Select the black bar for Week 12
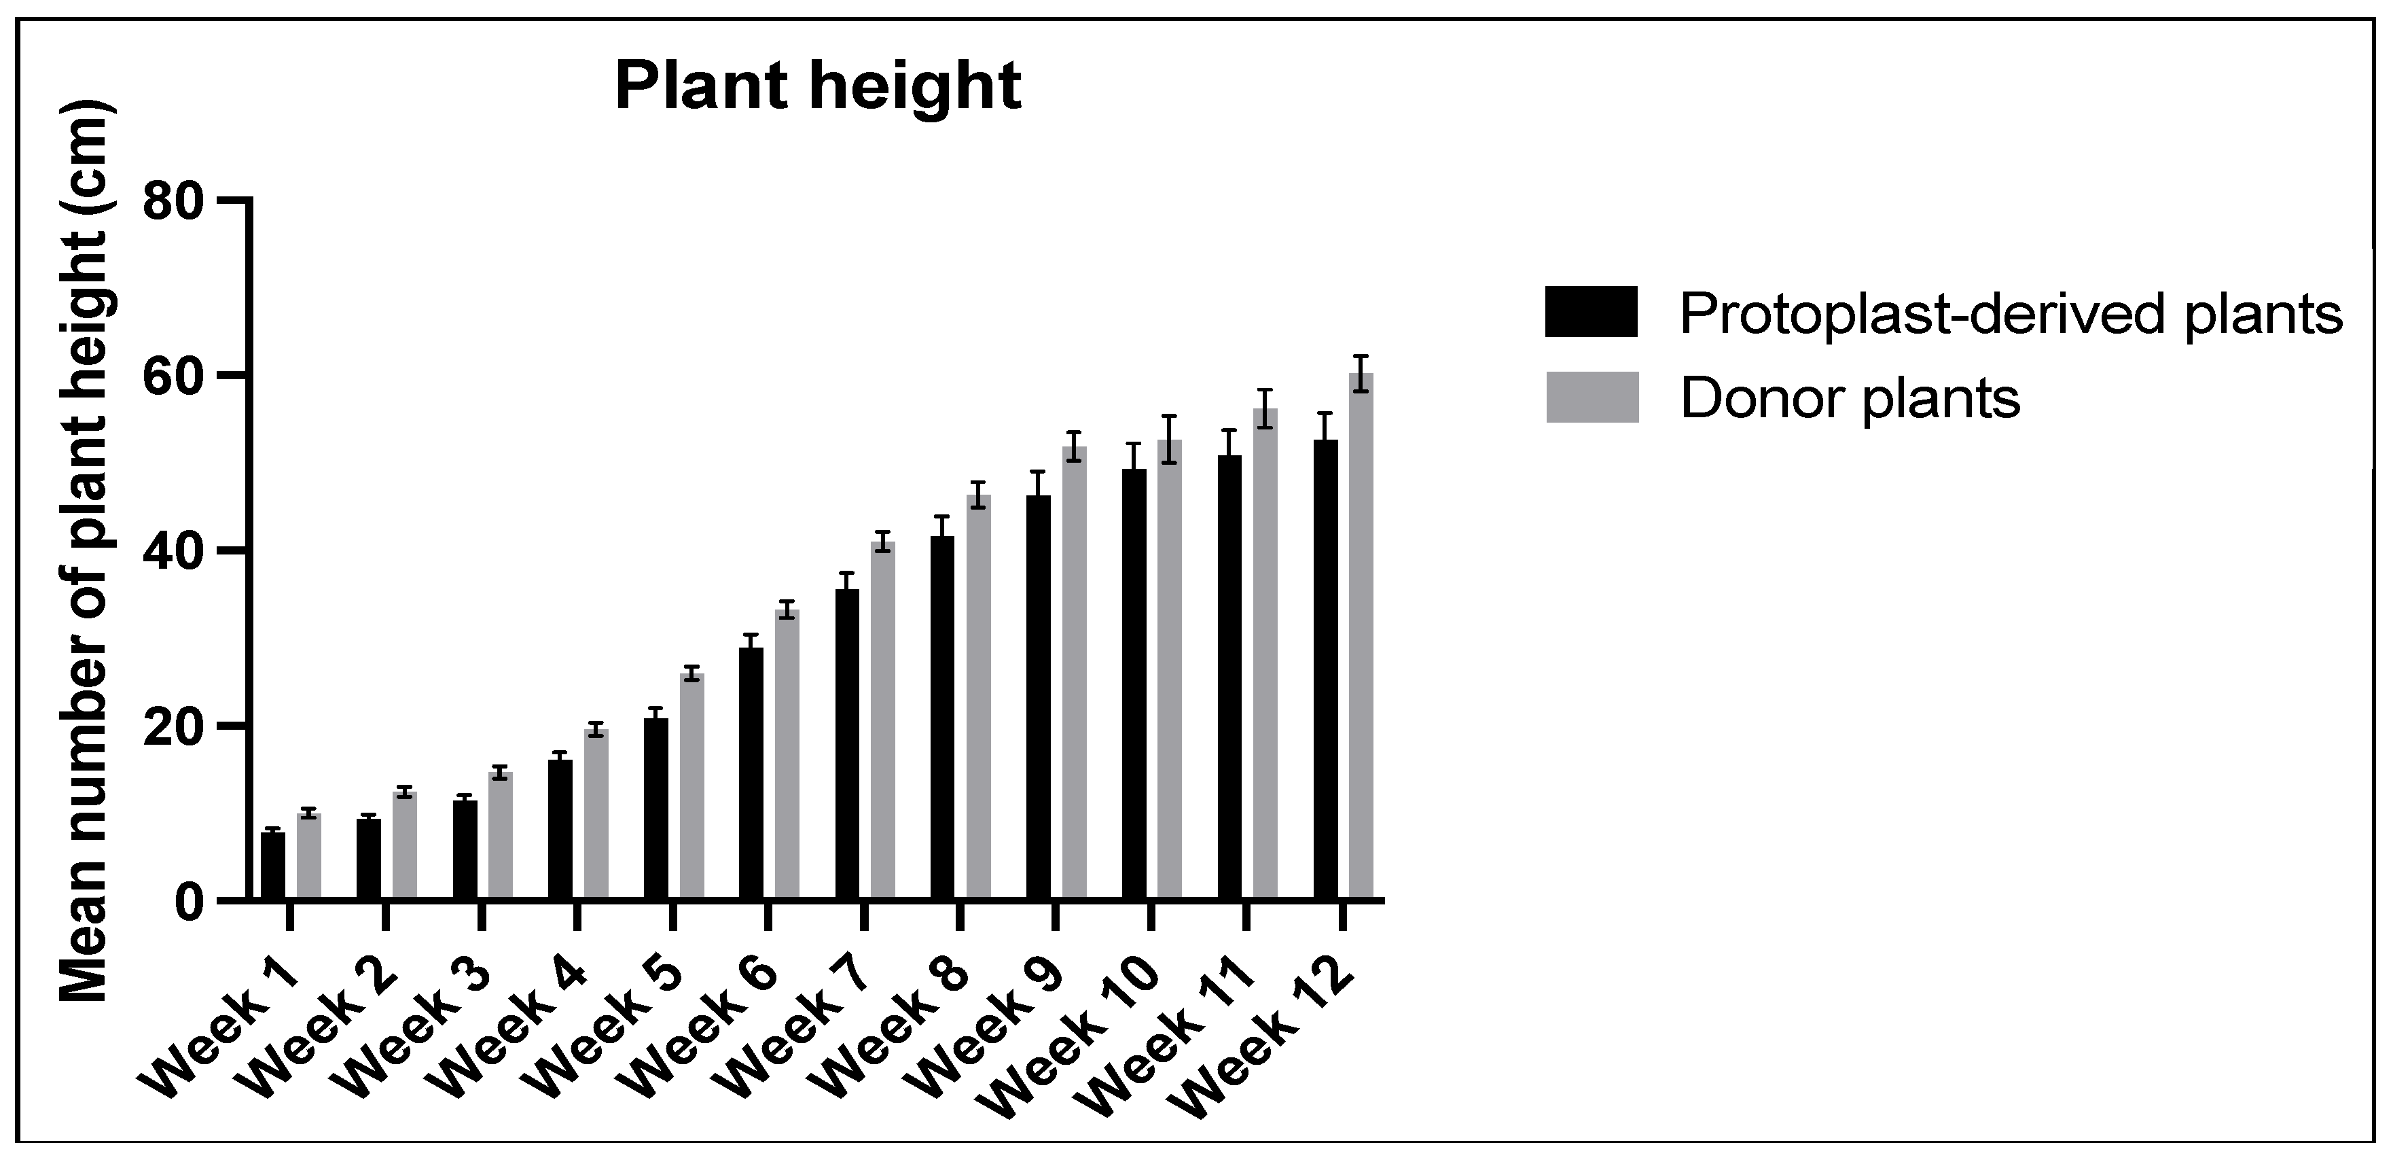click(1325, 669)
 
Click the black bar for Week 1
click(273, 866)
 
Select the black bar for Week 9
click(1039, 696)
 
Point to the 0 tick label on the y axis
click(191, 901)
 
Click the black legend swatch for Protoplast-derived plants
click(1591, 311)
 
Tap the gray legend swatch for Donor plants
click(1591, 398)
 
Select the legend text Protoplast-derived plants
click(2011, 314)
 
